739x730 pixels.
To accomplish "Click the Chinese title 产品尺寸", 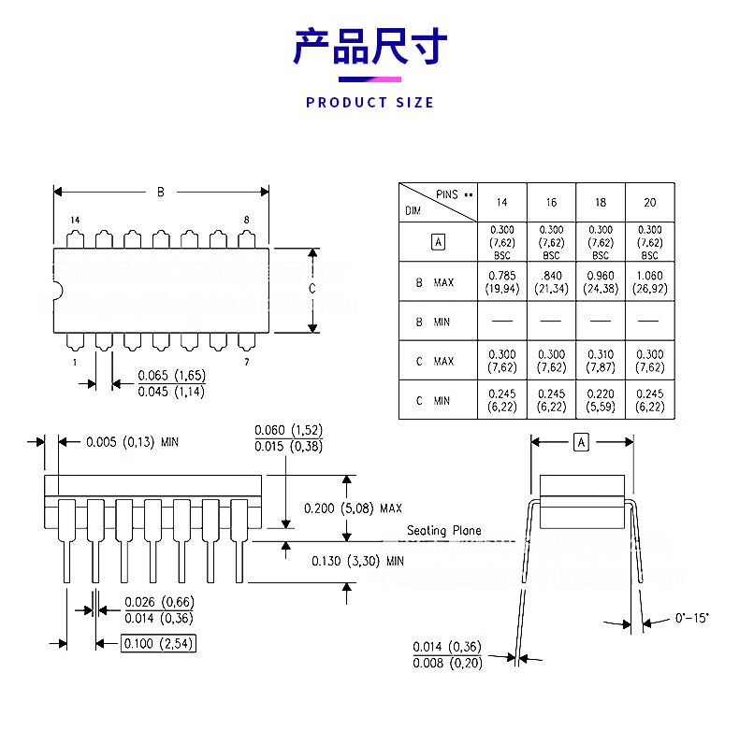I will tap(369, 47).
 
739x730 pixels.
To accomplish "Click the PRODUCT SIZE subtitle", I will tap(369, 102).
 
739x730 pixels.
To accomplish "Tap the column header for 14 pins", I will tap(502, 203).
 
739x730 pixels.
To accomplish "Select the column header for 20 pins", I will tap(649, 203).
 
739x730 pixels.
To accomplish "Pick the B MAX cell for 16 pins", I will tap(551, 281).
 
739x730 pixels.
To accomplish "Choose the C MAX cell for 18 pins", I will tap(600, 361).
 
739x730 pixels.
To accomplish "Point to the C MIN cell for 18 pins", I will tap(600, 400).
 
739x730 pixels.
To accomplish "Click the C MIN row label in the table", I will tap(432, 401).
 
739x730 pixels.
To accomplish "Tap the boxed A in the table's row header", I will tap(439, 242).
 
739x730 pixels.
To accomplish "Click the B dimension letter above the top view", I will tap(160, 193).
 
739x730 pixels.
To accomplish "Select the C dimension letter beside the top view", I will tap(312, 289).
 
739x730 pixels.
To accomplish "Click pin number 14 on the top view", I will tap(75, 221).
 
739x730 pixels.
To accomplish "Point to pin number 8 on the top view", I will tap(246, 221).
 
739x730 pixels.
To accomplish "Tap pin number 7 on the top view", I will tap(246, 362).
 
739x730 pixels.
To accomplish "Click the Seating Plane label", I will tap(444, 531).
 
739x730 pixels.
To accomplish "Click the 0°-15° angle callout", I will tap(692, 618).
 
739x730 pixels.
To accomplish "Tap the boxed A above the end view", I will tap(581, 442).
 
